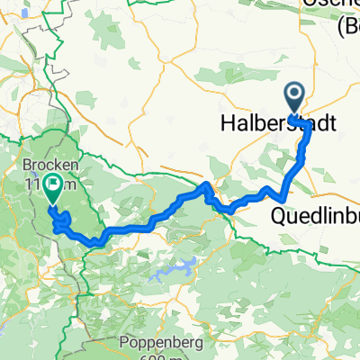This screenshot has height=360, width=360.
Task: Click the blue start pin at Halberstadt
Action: pos(294,94)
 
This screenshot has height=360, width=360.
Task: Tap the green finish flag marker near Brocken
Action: pos(52,187)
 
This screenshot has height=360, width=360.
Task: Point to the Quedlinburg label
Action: pos(315,216)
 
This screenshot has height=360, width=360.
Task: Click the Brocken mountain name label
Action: pos(47,166)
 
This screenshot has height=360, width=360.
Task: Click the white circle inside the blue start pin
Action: pos(294,91)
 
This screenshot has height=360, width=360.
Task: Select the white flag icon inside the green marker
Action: pos(52,184)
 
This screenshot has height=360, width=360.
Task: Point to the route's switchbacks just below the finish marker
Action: pos(61,220)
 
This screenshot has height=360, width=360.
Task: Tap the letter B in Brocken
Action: pos(25,166)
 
